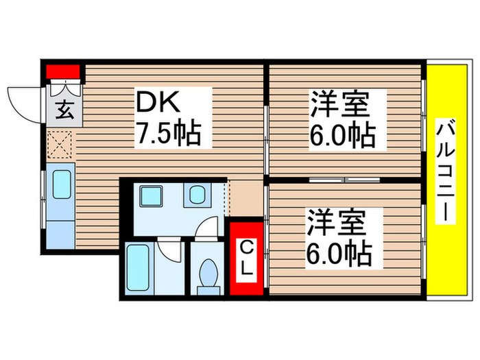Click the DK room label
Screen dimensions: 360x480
click(159, 103)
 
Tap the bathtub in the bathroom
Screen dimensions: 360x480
click(140, 269)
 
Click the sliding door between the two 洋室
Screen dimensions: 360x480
click(345, 180)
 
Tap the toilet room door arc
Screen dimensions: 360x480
click(206, 229)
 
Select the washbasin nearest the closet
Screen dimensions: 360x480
click(197, 196)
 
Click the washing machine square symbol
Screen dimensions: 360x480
click(149, 197)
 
